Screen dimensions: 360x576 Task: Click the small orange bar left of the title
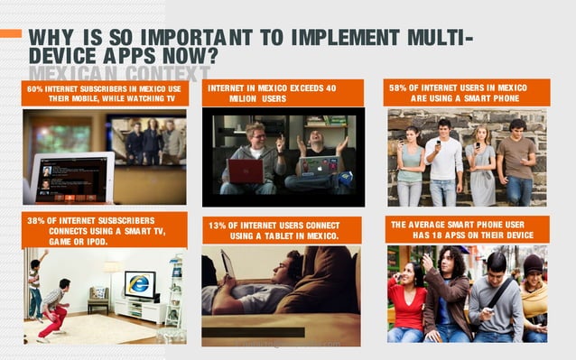tap(11, 33)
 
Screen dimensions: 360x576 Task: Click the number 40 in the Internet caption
tap(331, 88)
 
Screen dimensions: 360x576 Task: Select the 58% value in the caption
tap(398, 88)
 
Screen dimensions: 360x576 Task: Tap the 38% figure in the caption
tap(36, 220)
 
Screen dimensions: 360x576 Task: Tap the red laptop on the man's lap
tap(246, 171)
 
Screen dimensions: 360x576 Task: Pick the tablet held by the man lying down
tap(228, 265)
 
